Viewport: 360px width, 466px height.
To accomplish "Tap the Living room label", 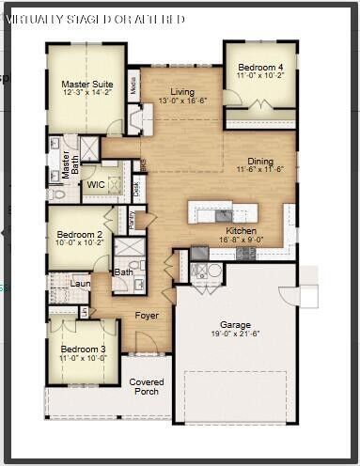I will pyautogui.click(x=176, y=91).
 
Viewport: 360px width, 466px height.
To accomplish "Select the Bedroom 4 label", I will pyautogui.click(x=259, y=68).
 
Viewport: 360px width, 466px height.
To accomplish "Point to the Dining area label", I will pyautogui.click(x=260, y=161).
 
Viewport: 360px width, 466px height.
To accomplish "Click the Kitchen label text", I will pyautogui.click(x=242, y=230).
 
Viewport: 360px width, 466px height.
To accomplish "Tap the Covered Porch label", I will pyautogui.click(x=146, y=386).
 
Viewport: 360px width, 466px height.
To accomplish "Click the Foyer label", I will pyautogui.click(x=147, y=316).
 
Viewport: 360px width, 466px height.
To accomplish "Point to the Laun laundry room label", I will pyautogui.click(x=80, y=281).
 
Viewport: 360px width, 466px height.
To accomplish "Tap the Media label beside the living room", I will pyautogui.click(x=133, y=87).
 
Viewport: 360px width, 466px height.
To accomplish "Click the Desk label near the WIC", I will pyautogui.click(x=136, y=188).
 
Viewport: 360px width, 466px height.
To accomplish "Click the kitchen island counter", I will pyautogui.click(x=222, y=208).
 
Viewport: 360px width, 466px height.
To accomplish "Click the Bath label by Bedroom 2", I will pyautogui.click(x=124, y=272).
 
